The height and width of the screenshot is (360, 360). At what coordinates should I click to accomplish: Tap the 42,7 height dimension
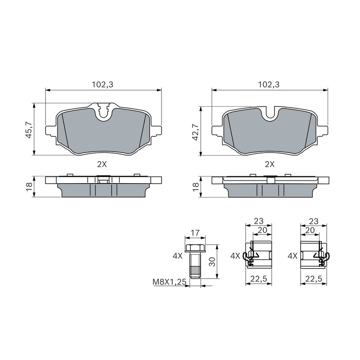(x=196, y=132)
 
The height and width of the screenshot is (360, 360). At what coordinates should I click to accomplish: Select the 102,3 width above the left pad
(x=103, y=85)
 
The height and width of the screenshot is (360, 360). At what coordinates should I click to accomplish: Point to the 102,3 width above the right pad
(x=269, y=85)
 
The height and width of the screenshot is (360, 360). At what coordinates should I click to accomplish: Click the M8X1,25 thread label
(x=170, y=282)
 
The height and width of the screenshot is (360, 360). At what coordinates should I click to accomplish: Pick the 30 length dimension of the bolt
(x=212, y=261)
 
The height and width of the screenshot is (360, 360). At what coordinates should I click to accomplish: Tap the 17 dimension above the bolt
(x=195, y=233)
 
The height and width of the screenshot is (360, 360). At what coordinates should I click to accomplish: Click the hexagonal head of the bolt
(x=195, y=248)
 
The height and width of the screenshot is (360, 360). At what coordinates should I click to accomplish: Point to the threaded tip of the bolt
(x=195, y=273)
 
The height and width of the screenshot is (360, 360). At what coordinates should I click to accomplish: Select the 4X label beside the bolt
(x=178, y=256)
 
